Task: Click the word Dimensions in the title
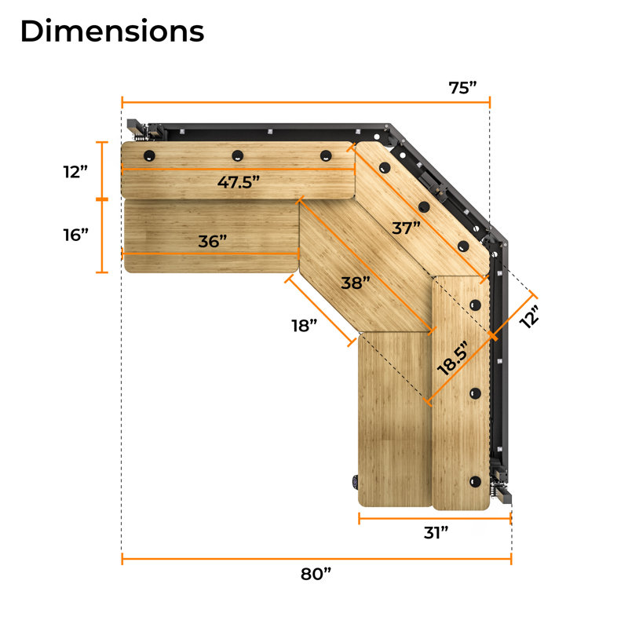(111, 31)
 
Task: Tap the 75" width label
(463, 86)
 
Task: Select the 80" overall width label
(316, 574)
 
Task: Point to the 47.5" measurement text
(239, 182)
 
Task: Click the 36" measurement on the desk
(212, 241)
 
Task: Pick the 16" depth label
(78, 234)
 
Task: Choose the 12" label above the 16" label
(78, 171)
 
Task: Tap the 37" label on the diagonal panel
(407, 228)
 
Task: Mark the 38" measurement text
(356, 283)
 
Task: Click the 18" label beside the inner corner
(301, 324)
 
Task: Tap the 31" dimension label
(435, 532)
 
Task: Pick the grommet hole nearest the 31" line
(474, 480)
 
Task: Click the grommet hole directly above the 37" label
(424, 207)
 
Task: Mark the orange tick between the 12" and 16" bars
(100, 199)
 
